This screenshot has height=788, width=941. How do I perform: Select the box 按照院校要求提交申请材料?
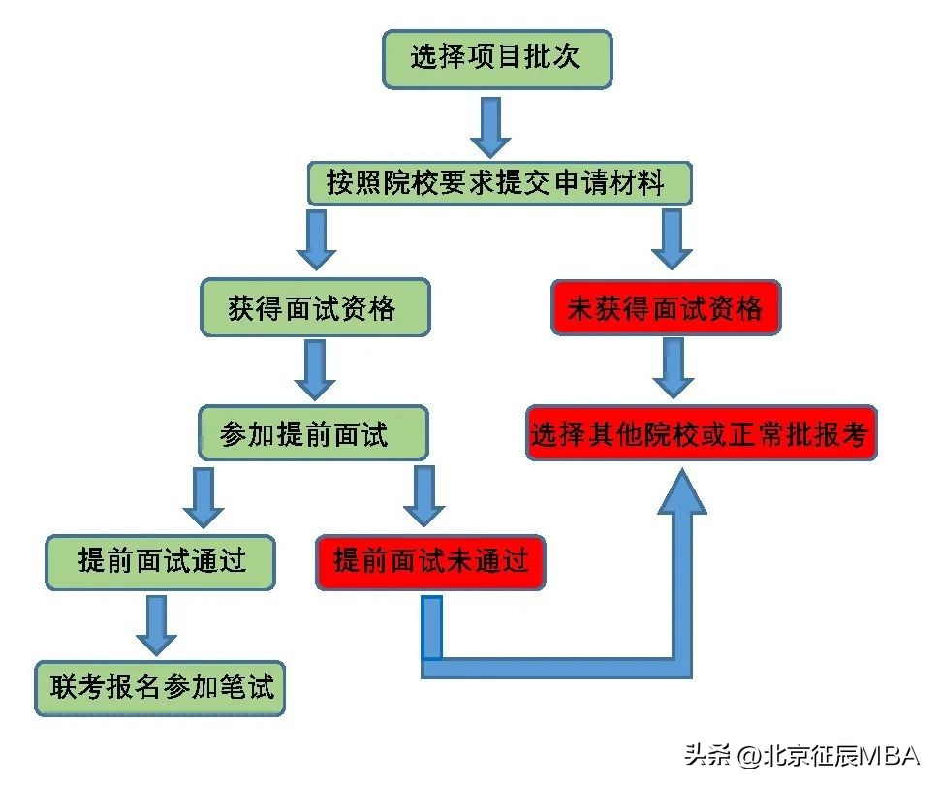point(499,183)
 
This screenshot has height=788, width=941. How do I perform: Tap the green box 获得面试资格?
point(314,308)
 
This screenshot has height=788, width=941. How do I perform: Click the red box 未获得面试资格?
point(666,308)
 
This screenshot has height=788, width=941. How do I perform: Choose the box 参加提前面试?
point(312,433)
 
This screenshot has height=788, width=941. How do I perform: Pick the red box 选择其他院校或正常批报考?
point(702,433)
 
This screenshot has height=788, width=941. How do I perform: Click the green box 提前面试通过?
point(161,561)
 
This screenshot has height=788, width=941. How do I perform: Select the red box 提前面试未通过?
point(430,561)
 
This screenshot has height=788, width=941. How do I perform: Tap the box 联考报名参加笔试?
point(161,688)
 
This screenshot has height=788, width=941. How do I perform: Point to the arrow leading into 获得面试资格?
point(316,239)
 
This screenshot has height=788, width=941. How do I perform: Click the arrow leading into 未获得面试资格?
point(672,239)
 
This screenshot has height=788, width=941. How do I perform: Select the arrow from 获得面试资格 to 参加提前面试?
point(314,369)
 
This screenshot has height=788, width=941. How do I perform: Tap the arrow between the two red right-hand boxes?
point(672,367)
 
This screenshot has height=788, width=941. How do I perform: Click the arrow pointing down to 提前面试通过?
point(204,497)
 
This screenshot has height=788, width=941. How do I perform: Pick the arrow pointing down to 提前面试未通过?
point(423,497)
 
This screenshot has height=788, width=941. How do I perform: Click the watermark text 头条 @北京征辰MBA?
point(800,755)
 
